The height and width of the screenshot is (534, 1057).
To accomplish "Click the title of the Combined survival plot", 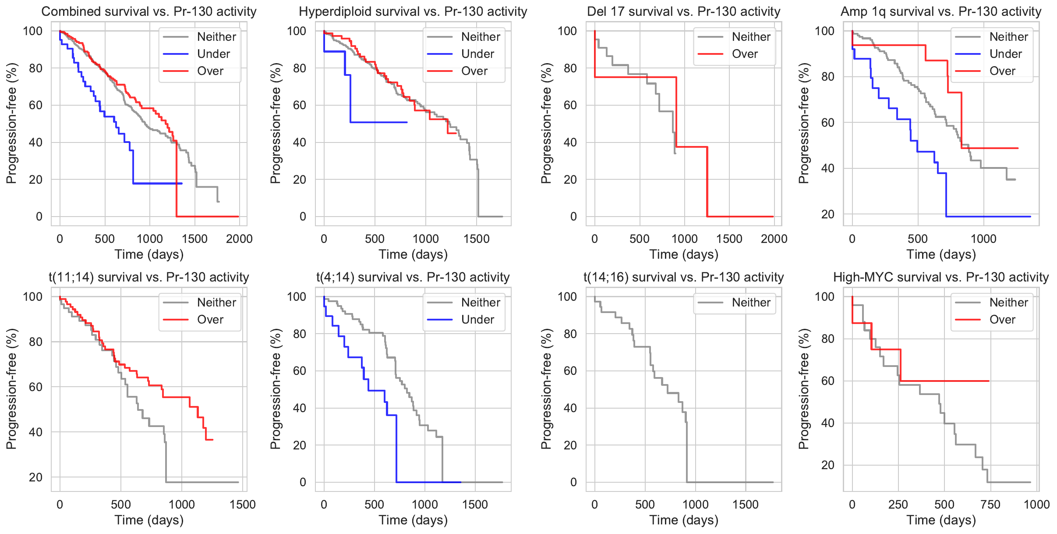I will coord(149,11).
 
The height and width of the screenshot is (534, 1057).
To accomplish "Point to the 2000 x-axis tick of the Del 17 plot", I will coord(774,239).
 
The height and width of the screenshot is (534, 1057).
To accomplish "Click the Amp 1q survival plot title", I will coord(941,11).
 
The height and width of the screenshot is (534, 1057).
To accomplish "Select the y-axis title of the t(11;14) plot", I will coord(11,389).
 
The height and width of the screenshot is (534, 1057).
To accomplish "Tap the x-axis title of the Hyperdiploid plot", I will coord(413,254).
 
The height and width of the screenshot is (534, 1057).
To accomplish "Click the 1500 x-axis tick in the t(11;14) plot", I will coord(243,505).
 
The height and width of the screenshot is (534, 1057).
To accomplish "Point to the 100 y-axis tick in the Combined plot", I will coord(33,31).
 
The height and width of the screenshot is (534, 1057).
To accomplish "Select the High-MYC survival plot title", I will coord(941,277).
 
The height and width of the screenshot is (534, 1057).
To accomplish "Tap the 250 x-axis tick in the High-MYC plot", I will coord(898,505).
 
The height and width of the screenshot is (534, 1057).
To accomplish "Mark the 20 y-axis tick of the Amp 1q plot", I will coord(828,214).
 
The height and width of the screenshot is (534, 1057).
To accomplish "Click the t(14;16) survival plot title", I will coord(683,277).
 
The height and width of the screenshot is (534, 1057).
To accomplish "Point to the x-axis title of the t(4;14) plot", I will coord(413,520).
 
